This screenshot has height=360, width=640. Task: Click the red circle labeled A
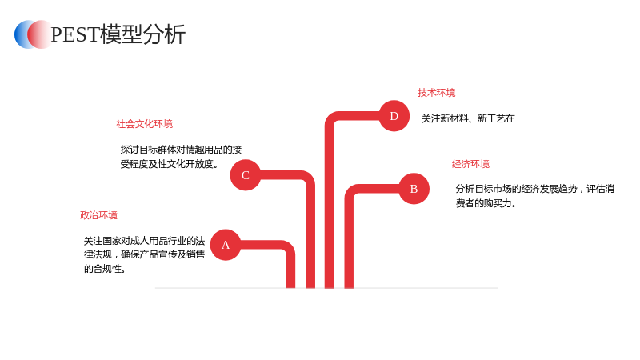(226, 245)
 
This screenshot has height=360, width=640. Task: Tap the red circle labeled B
(414, 189)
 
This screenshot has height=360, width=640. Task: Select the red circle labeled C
(246, 175)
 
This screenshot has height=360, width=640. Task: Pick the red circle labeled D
(394, 116)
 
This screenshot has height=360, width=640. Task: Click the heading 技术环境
(436, 93)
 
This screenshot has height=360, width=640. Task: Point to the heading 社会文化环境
(145, 124)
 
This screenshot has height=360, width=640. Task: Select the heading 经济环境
(470, 164)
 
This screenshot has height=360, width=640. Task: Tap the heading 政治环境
(98, 215)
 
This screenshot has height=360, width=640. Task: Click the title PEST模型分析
(118, 34)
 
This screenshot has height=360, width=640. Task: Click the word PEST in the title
(75, 34)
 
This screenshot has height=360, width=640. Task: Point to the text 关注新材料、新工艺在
(468, 118)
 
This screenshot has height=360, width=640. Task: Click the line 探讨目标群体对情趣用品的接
(181, 150)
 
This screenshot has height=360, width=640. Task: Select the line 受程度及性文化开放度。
(170, 164)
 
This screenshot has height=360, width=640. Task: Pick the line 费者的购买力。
(486, 203)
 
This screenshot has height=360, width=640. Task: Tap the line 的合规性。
(105, 269)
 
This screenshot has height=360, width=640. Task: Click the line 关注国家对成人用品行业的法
(145, 241)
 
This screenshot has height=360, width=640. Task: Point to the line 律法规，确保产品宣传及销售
(145, 254)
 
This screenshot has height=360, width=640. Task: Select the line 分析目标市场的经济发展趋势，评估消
(535, 189)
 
